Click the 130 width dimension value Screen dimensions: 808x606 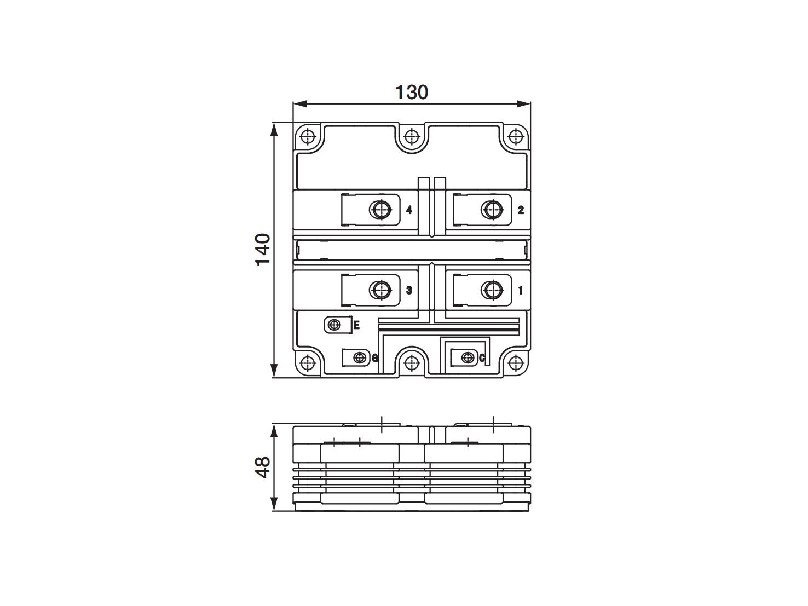[x=412, y=93]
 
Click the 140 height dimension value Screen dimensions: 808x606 [x=263, y=250]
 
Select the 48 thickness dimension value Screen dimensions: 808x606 [x=263, y=468]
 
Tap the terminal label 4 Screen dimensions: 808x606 [x=409, y=210]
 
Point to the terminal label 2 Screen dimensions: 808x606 [x=521, y=210]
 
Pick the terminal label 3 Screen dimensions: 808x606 [x=409, y=290]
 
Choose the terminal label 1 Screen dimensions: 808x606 [x=521, y=290]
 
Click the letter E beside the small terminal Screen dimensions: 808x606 [x=356, y=325]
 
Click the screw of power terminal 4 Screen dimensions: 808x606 [x=380, y=210]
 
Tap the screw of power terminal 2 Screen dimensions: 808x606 [x=492, y=210]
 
